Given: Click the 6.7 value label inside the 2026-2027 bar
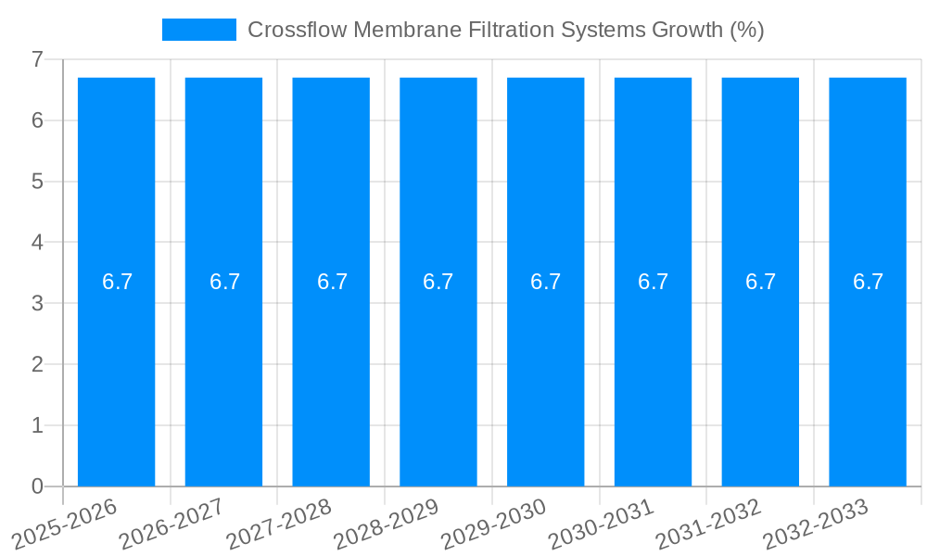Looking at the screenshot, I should pos(224,282).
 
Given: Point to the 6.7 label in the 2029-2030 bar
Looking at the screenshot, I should pos(546,282).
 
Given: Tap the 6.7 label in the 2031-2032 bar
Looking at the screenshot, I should pos(760,282).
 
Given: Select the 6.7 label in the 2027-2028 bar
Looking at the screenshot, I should pos(332,282).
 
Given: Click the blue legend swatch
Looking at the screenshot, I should pos(198,30).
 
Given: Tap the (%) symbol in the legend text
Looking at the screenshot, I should pos(746,30).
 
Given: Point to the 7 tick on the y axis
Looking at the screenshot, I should pos(37,59).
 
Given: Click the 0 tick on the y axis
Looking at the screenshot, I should pos(37,486).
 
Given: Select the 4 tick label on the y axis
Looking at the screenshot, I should pos(37,243).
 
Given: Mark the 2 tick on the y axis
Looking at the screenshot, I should pos(37,364).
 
